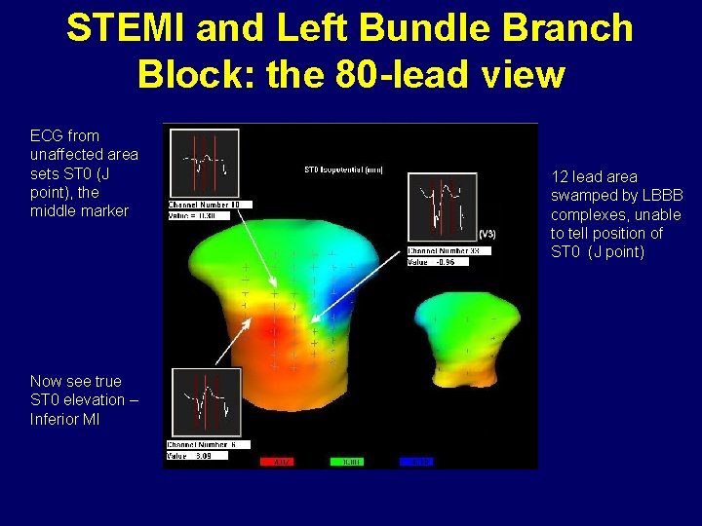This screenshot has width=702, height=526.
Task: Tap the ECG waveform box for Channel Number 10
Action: point(203,164)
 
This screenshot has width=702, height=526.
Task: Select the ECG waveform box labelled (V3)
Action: point(442,207)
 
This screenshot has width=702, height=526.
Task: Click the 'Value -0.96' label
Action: point(432,261)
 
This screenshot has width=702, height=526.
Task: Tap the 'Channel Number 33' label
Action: point(448,250)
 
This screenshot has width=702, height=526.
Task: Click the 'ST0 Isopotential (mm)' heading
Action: point(343,169)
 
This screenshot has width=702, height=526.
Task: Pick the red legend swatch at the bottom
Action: point(279,462)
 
